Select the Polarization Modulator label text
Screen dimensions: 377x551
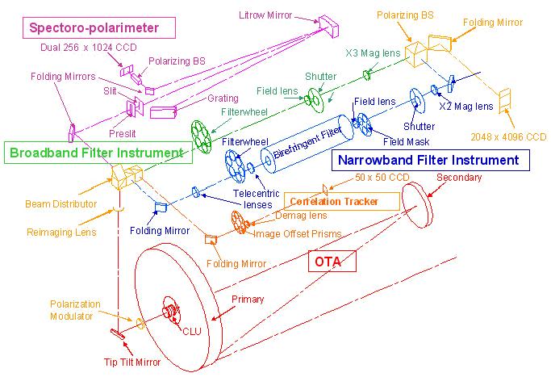75,310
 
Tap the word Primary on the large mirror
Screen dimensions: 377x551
248,300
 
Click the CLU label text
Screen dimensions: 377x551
191,331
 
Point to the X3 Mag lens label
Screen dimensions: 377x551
372,54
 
